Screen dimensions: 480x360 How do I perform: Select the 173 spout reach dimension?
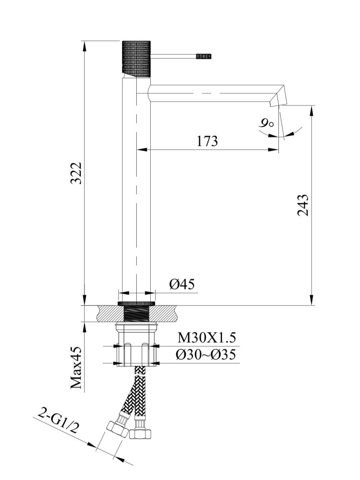207,141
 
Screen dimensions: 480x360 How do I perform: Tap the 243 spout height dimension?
303,205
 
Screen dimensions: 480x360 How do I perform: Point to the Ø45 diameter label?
182,284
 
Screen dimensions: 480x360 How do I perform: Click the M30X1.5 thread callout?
207,337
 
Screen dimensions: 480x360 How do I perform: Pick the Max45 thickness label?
76,368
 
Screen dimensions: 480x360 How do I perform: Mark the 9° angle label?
265,124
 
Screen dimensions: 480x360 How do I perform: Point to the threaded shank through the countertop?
137,314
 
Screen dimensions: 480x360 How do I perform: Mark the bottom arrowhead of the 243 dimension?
312,301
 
